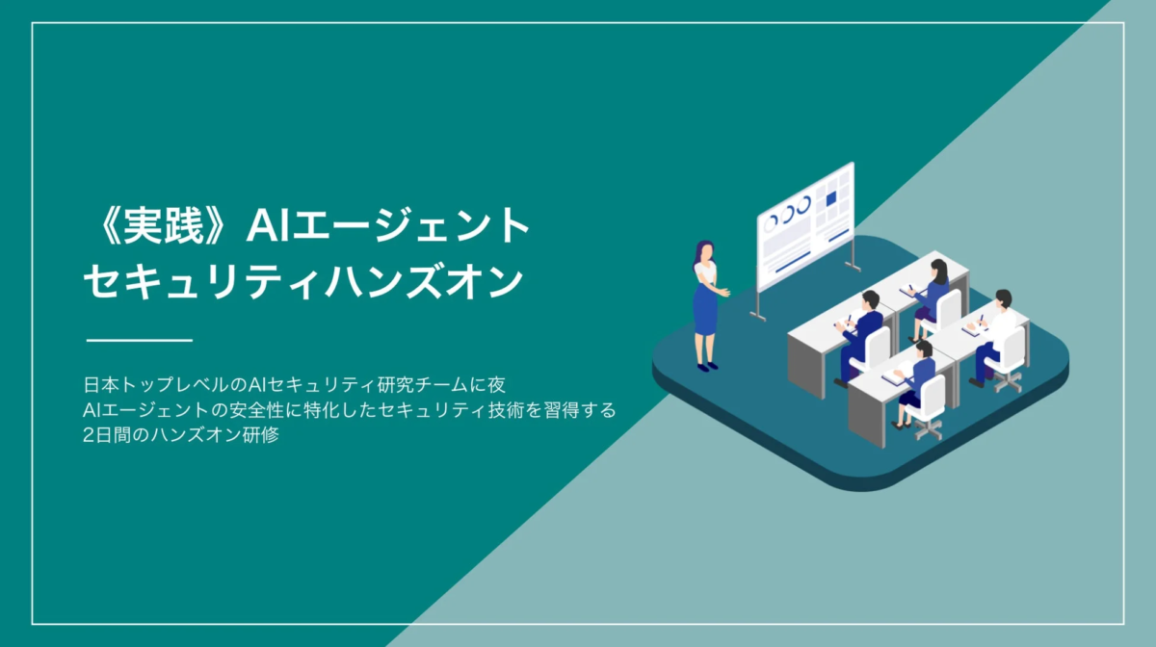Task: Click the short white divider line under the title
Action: (x=140, y=340)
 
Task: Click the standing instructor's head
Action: (x=704, y=251)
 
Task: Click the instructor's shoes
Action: (x=707, y=366)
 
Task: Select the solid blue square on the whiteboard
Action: (x=830, y=198)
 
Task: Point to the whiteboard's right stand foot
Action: (x=853, y=267)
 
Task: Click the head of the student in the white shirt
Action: (x=1003, y=298)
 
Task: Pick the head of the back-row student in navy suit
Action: (x=870, y=300)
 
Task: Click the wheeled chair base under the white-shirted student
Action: (x=1008, y=381)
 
